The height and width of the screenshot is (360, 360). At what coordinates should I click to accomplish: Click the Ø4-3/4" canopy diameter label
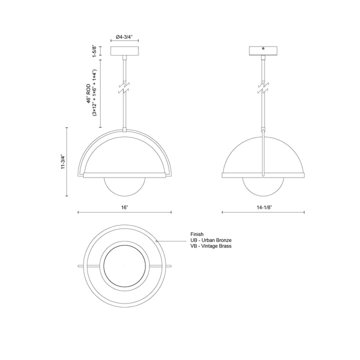point(124,37)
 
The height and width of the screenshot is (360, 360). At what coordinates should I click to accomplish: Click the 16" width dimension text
point(124,206)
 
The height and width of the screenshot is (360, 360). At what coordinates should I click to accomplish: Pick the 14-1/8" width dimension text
point(263,206)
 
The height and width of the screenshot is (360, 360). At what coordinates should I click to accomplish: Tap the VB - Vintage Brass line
point(211,246)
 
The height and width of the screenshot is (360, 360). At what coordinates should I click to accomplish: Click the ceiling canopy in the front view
point(124,51)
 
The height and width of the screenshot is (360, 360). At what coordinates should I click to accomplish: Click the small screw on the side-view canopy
point(263,49)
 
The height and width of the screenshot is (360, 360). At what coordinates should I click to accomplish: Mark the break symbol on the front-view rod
point(124,88)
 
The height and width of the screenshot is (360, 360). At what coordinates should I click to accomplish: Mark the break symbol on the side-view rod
point(263,88)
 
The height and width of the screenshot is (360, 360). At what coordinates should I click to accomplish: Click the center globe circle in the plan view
point(124,266)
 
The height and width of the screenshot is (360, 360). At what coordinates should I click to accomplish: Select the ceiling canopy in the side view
point(263,52)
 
